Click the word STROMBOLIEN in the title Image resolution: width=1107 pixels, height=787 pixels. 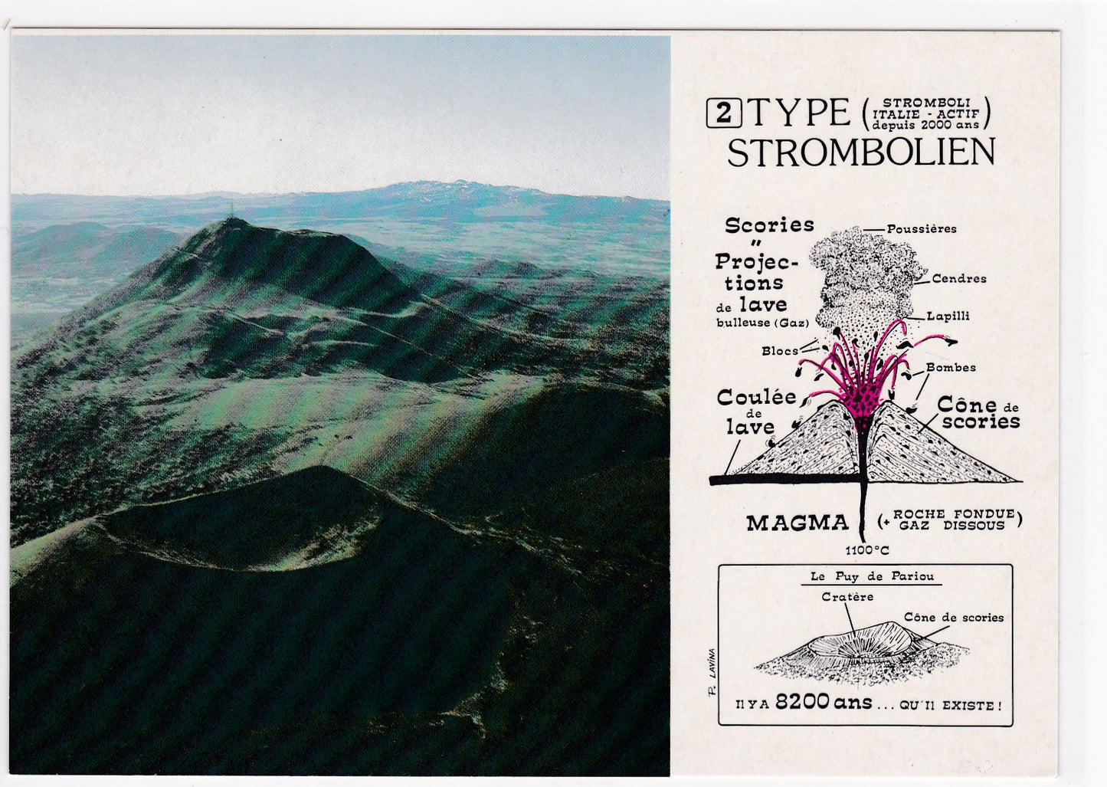point(860,152)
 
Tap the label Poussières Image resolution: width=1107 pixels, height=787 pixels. point(921,228)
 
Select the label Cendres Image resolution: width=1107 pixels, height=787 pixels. point(958,278)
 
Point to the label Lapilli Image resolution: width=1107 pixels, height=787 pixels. point(948,316)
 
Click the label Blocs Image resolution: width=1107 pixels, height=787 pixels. point(779,351)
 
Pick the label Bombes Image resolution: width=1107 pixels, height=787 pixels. point(951,367)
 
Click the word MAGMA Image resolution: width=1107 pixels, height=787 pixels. point(797,523)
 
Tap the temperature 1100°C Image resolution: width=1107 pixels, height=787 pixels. point(867,550)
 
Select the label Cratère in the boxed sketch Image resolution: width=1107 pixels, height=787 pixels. point(847,597)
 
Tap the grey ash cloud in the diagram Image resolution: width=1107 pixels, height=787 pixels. point(865,276)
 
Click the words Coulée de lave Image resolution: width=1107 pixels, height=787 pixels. point(746,412)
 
